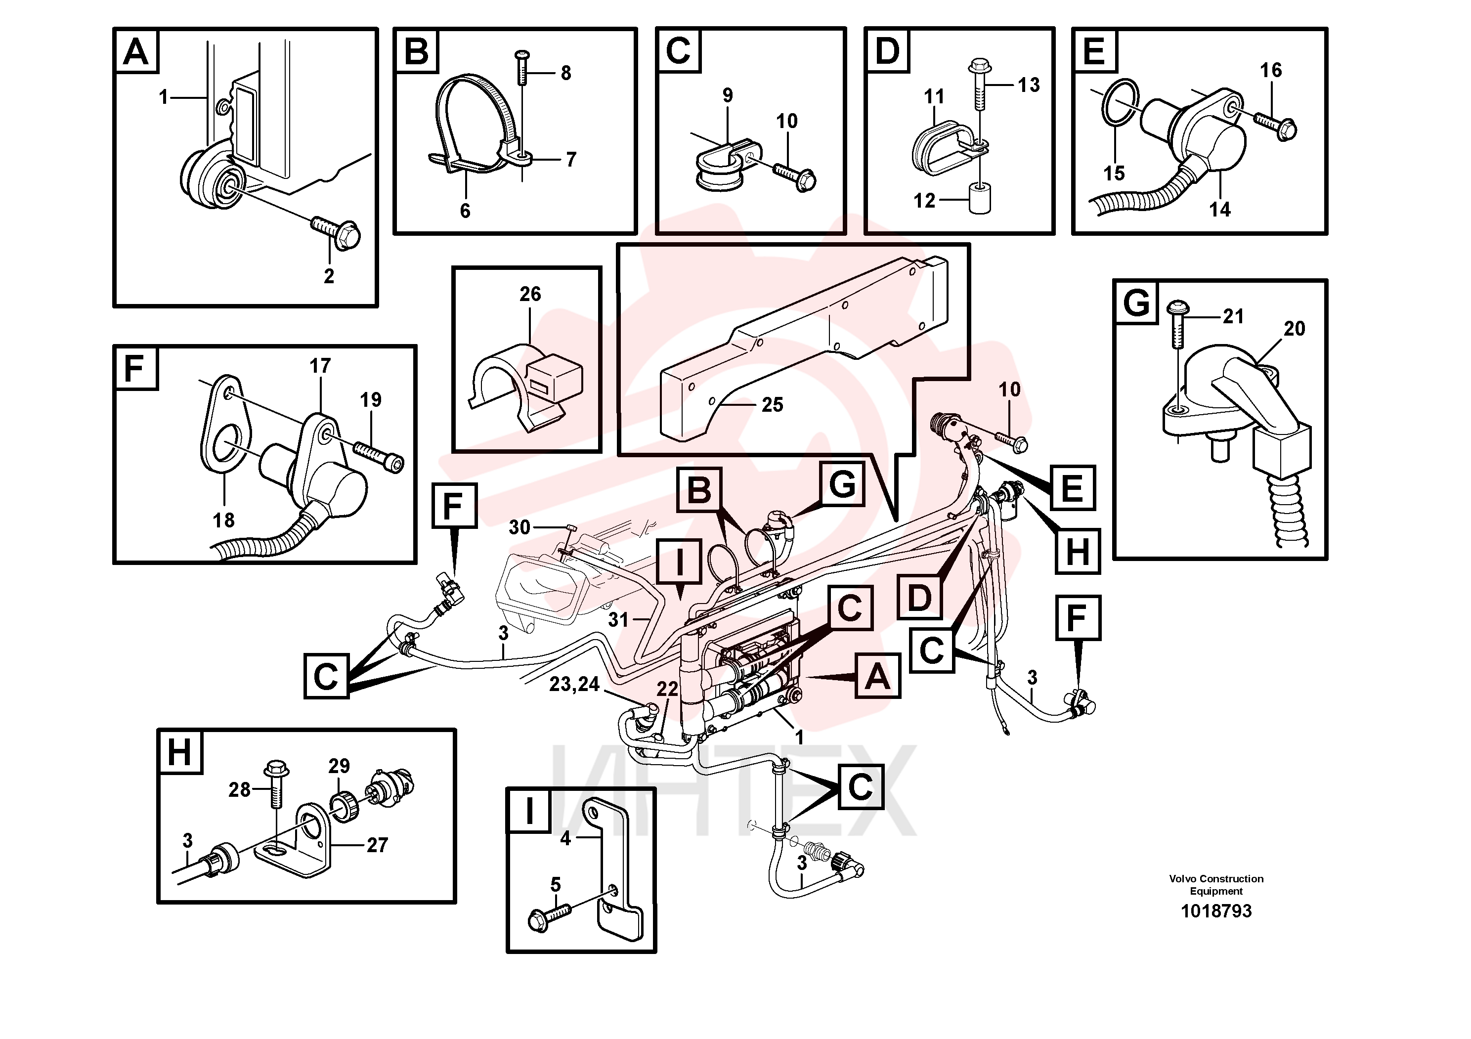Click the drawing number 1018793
click(x=1215, y=911)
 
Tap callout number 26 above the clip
click(x=530, y=294)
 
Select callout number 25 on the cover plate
click(x=772, y=404)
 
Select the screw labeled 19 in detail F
click(x=379, y=457)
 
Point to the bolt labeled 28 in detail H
click(x=276, y=785)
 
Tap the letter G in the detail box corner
click(x=1136, y=302)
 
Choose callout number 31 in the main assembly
click(x=618, y=619)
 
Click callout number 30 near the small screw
click(x=519, y=527)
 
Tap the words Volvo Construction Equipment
click(x=1216, y=885)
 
